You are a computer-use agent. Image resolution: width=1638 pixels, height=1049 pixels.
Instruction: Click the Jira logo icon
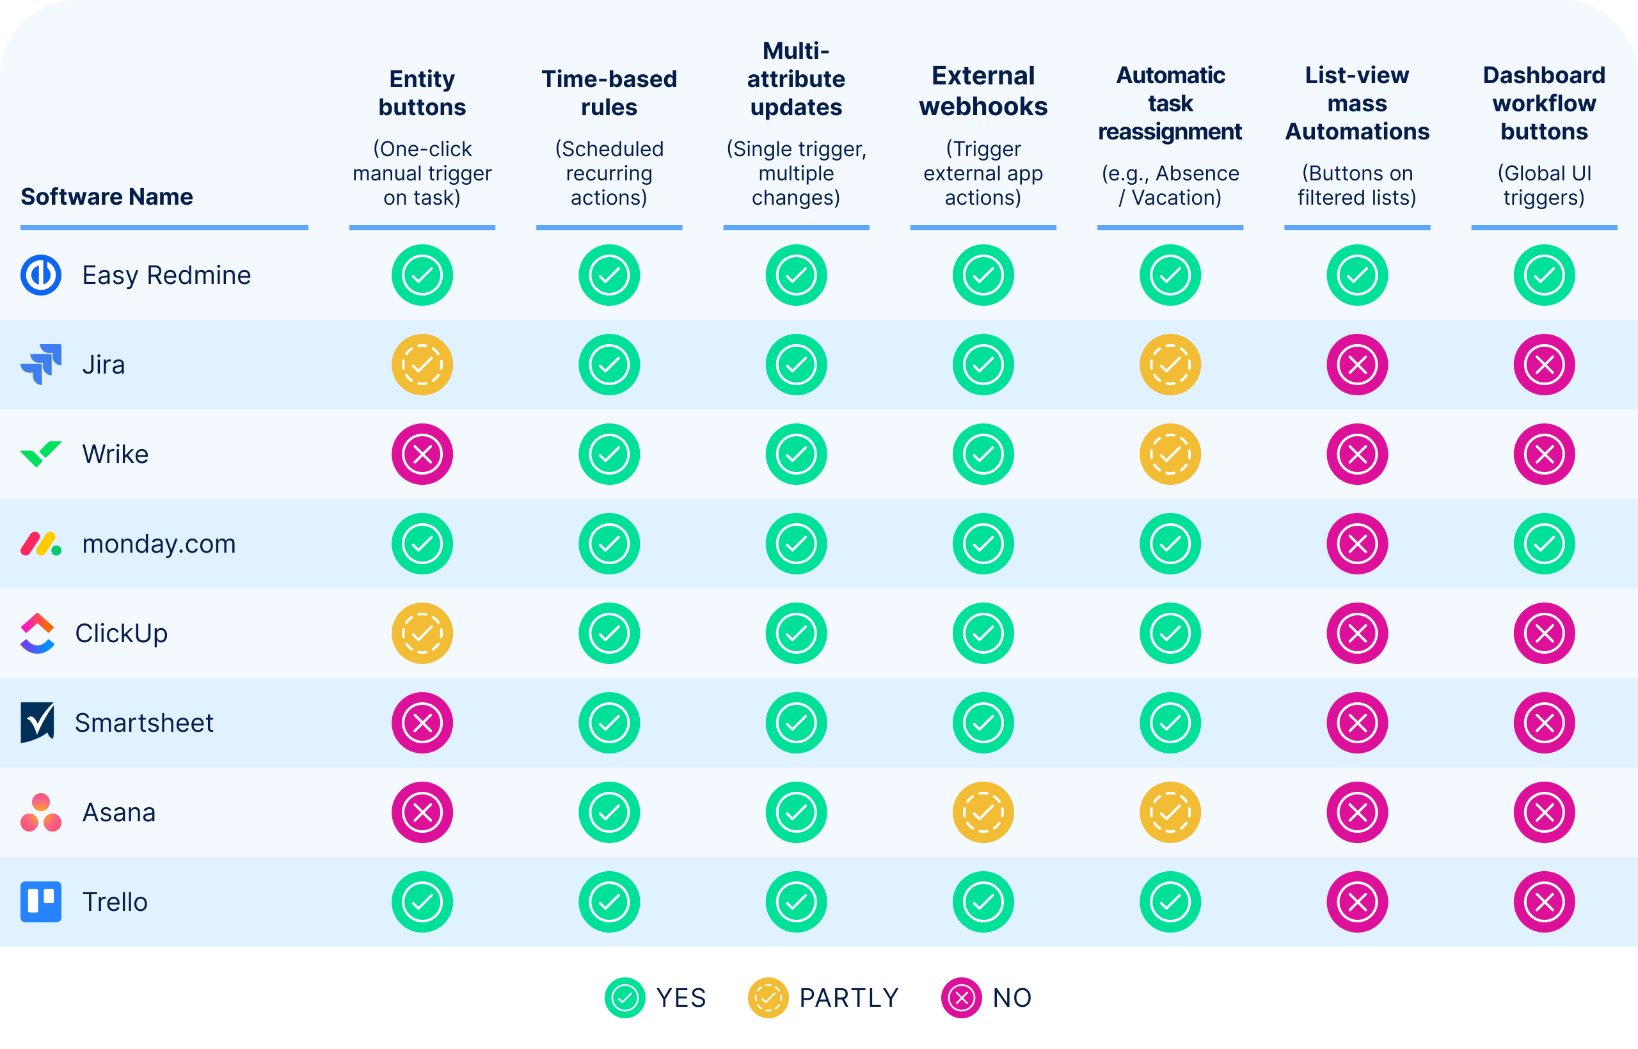(41, 365)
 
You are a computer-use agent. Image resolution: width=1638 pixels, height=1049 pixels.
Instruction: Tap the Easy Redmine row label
(166, 275)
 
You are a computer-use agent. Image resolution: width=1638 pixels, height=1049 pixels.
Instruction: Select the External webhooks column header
(983, 91)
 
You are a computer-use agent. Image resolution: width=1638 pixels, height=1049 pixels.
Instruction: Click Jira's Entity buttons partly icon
(422, 365)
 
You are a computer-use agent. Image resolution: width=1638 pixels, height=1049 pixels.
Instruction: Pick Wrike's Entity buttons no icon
(422, 454)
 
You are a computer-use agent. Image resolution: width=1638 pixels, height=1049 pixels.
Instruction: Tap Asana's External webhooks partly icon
(983, 812)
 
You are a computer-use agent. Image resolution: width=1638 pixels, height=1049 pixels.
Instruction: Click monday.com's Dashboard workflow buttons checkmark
(1543, 544)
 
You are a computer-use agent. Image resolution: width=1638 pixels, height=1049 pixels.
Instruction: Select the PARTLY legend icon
(768, 998)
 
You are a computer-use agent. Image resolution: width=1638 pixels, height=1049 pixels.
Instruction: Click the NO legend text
(1012, 998)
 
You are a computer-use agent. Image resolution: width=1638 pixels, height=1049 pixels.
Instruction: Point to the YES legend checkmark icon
(625, 998)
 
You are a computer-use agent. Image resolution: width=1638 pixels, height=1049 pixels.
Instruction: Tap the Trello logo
(41, 902)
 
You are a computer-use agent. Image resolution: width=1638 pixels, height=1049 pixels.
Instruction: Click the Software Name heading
(107, 197)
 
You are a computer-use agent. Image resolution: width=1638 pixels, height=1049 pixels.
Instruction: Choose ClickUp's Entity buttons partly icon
(422, 633)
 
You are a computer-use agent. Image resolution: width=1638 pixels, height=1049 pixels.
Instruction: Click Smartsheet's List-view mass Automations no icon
(1356, 723)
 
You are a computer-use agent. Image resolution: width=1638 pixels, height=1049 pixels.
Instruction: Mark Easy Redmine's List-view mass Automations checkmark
(1356, 275)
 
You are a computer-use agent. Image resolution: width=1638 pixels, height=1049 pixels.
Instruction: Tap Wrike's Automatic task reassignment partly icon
(1170, 454)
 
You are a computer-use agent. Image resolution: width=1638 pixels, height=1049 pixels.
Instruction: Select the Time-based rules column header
(609, 93)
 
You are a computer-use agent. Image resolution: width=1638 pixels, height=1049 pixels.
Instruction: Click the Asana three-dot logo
(41, 812)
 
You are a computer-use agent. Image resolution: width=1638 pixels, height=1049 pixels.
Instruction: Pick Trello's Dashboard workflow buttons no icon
(1543, 902)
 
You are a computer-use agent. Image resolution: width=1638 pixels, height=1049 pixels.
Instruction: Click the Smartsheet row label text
(144, 723)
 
